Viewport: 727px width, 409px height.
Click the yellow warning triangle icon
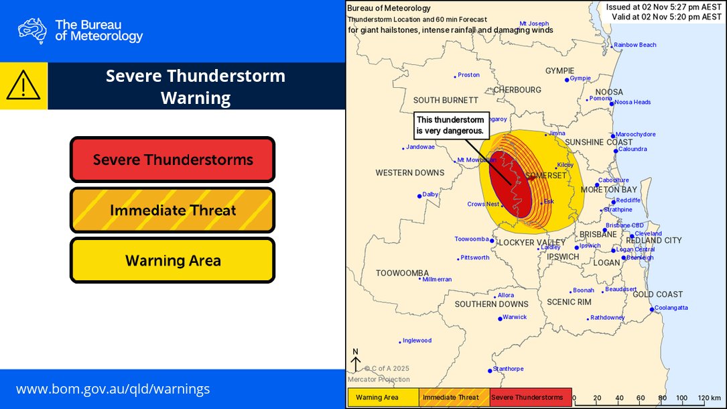click(23, 86)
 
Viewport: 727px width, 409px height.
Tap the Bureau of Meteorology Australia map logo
click(32, 30)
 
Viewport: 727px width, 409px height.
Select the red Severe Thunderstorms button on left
click(172, 160)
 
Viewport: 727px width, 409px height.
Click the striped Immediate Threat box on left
click(172, 211)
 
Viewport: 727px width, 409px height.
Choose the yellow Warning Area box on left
click(172, 261)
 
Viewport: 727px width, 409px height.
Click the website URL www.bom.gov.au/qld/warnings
click(113, 389)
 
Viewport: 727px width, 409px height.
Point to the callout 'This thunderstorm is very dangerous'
click(450, 125)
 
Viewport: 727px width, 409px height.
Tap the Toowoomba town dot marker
click(492, 241)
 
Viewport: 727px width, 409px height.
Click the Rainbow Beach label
click(635, 45)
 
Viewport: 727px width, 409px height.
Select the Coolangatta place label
click(671, 308)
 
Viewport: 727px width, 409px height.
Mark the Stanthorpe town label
click(509, 369)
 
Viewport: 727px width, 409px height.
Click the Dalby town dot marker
click(419, 196)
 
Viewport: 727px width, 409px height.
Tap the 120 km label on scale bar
click(708, 398)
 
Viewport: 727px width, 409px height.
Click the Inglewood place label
click(417, 341)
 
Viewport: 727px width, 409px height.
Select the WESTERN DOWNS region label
click(409, 173)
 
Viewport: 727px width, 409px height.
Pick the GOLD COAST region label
click(657, 294)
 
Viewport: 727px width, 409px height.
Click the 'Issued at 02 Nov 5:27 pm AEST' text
click(663, 7)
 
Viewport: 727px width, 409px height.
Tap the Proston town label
click(469, 75)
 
